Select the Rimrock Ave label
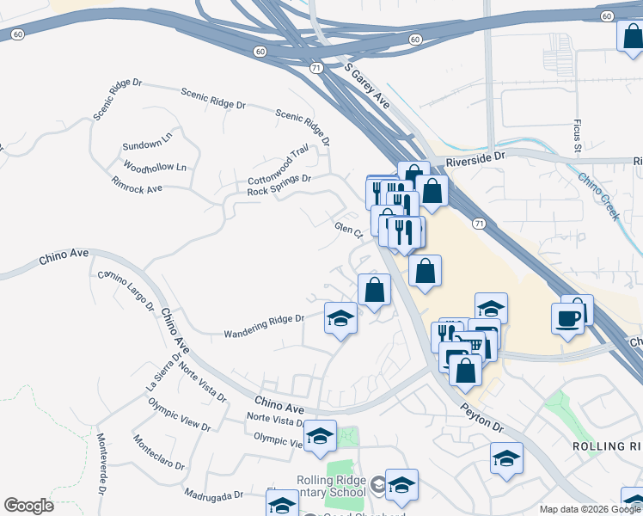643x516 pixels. (x=137, y=185)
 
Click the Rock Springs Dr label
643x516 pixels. (x=279, y=185)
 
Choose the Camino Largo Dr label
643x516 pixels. (x=126, y=290)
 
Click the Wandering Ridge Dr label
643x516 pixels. (x=264, y=326)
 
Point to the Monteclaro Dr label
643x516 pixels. (x=157, y=453)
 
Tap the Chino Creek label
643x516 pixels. (x=598, y=196)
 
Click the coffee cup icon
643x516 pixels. (x=567, y=318)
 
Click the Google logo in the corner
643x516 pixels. (x=29, y=505)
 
